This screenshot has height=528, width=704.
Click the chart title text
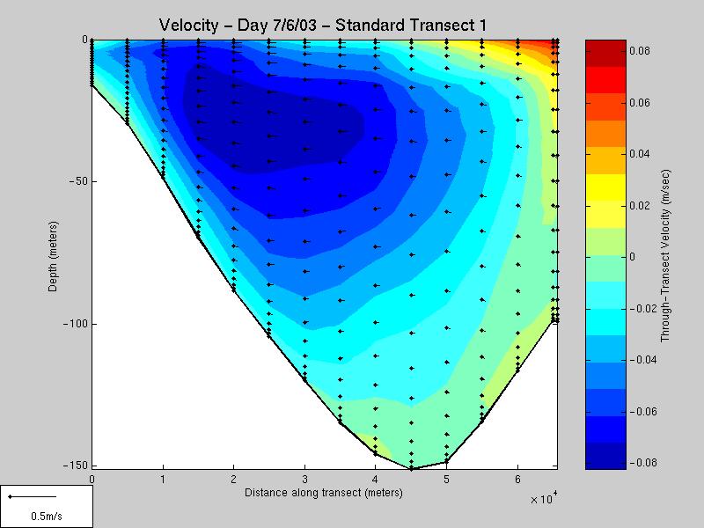click(x=323, y=26)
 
